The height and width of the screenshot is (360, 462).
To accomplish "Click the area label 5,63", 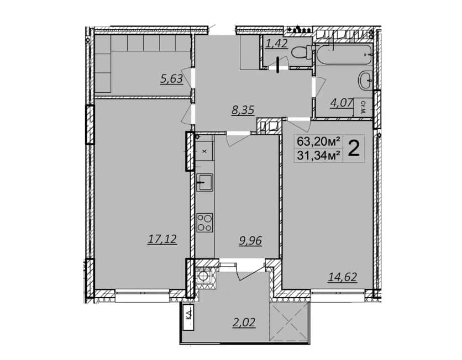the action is [x=171, y=79].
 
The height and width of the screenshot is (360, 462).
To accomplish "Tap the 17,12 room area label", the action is [x=162, y=239].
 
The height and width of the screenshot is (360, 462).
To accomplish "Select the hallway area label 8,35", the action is [x=243, y=110].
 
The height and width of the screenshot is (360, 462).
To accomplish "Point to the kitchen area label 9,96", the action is [x=250, y=241].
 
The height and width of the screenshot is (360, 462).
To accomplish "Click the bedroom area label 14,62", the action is [x=343, y=277].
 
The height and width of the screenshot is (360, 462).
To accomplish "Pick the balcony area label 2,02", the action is [x=243, y=322].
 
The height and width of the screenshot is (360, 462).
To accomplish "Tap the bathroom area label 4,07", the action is [x=342, y=103].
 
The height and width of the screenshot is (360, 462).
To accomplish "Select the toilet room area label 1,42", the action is [x=276, y=44].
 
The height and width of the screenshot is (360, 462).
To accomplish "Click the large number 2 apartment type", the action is [x=354, y=149].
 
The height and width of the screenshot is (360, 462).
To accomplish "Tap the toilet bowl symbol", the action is [x=301, y=52].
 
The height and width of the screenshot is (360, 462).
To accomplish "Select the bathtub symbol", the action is [x=344, y=55].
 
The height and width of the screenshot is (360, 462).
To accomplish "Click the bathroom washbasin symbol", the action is [x=365, y=80].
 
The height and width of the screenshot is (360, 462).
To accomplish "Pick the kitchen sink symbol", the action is [x=205, y=182].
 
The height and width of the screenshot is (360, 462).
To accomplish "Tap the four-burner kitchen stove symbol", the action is [x=205, y=223].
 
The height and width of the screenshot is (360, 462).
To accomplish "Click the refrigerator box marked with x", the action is [x=205, y=151].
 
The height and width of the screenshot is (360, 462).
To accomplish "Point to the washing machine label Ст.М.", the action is [x=363, y=108].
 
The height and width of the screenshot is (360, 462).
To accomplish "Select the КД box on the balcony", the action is [x=188, y=317].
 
